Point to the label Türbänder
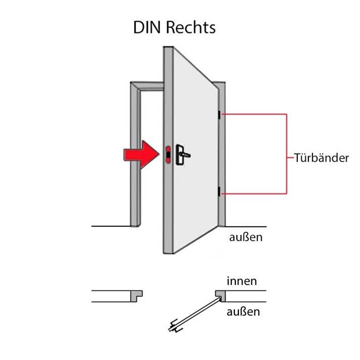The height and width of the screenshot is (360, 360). tap(322, 158)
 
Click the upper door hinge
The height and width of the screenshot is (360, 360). tap(219, 115)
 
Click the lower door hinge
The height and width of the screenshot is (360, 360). tap(219, 192)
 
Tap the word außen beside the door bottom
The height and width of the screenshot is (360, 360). tap(245, 237)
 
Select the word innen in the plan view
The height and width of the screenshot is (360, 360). tap(242, 281)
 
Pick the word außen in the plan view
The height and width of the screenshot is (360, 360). tap(243, 311)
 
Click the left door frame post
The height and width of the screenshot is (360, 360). tap(135, 157)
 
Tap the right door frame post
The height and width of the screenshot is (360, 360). tap(222, 157)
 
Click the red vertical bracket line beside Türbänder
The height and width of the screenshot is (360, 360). tap(287, 154)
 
